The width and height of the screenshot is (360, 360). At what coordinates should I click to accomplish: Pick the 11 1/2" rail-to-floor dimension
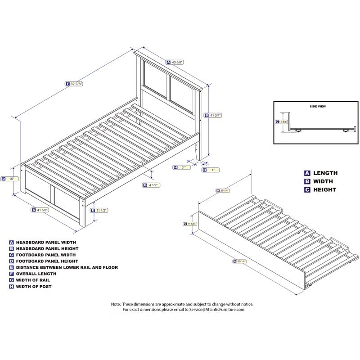[x=102, y=210]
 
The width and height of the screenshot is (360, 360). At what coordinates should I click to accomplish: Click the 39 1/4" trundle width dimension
[x=222, y=190]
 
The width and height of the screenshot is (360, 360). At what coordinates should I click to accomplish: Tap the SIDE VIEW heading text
[x=317, y=107]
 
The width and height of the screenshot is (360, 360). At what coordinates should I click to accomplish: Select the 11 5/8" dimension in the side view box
[x=283, y=121]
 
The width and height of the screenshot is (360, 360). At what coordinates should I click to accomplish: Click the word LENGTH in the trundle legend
[x=325, y=173]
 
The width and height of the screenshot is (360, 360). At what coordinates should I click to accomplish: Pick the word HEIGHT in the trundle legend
[x=324, y=189]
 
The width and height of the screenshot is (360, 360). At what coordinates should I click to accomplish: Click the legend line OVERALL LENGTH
[x=36, y=274]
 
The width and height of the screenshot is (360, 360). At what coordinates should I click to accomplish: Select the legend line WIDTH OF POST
[x=34, y=287]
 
